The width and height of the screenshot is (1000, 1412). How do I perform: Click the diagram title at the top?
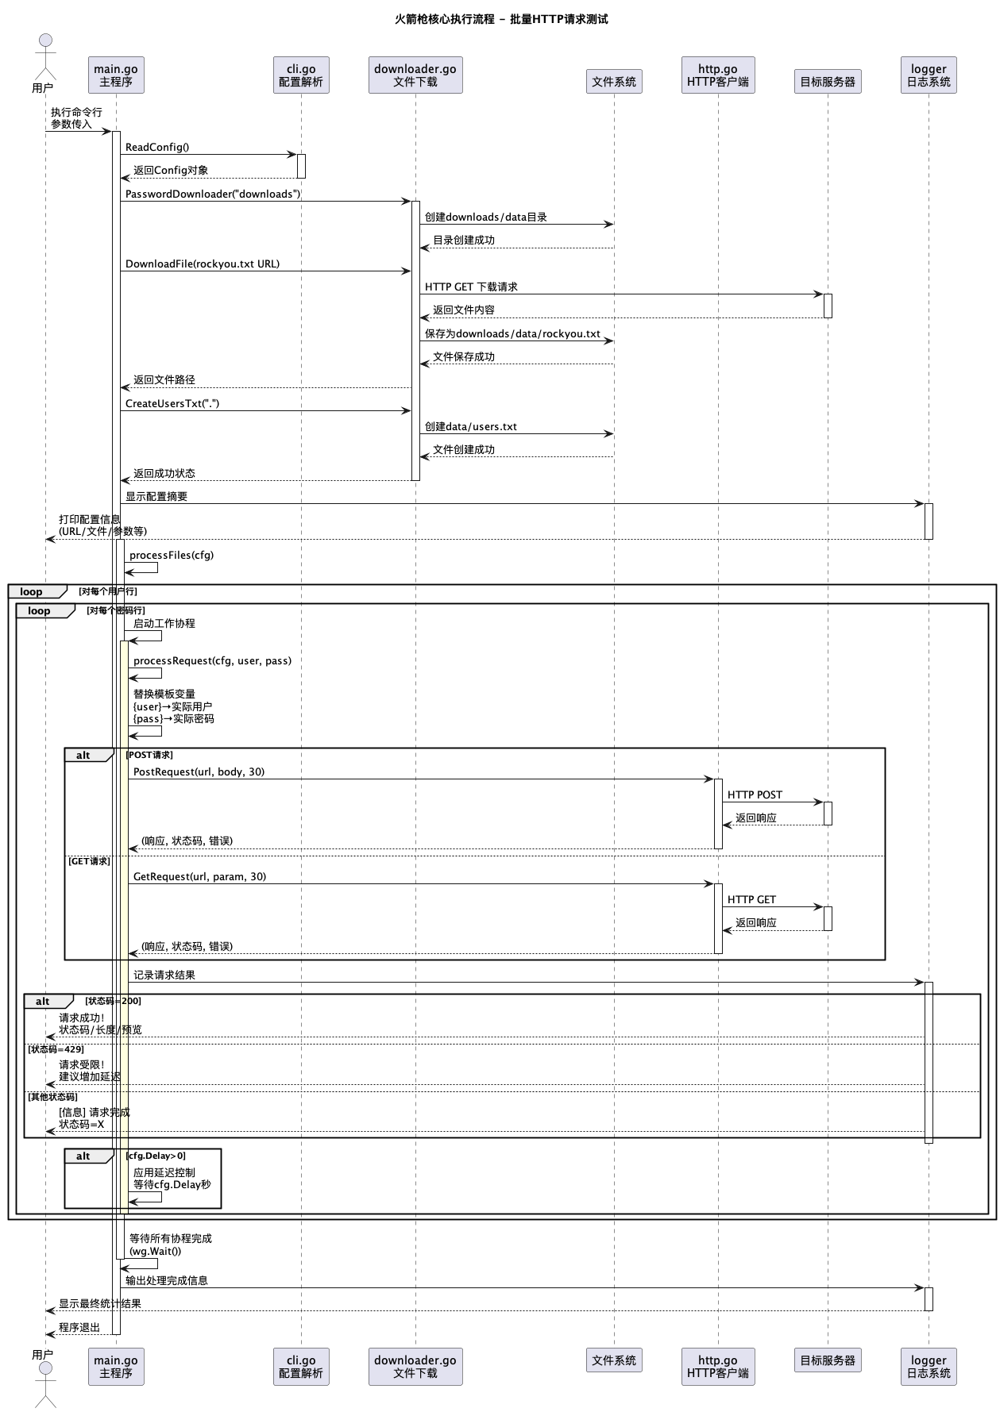click(x=501, y=19)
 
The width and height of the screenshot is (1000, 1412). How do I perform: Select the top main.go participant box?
click(x=116, y=75)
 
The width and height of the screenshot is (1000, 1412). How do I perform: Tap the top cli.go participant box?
click(x=301, y=75)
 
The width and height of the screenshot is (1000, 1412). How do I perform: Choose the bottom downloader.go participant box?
click(x=415, y=1366)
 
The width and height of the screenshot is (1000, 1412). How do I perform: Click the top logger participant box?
click(x=929, y=75)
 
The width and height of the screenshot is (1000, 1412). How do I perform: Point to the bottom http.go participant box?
click(x=718, y=1366)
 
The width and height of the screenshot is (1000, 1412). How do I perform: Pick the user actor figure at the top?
click(x=44, y=56)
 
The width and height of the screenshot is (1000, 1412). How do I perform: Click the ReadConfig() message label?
click(x=157, y=147)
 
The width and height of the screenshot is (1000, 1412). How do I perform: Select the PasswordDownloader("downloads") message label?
click(x=213, y=194)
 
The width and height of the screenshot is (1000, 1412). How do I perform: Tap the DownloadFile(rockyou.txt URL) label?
click(x=203, y=264)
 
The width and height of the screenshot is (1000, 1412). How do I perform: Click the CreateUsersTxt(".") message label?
click(x=172, y=403)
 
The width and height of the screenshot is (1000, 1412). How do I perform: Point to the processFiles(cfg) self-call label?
click(x=172, y=555)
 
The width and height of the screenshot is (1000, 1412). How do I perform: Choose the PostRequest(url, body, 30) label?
click(x=199, y=771)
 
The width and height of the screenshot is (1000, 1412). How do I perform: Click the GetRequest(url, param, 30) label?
click(x=199, y=876)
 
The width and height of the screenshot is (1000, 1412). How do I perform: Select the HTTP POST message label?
click(x=755, y=794)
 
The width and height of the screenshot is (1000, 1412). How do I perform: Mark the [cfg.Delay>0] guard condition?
click(x=156, y=1156)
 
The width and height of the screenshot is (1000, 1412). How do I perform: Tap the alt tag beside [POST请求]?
click(x=84, y=755)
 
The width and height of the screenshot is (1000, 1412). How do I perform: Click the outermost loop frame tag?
click(x=32, y=591)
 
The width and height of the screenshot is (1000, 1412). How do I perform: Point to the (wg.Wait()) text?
click(x=155, y=1252)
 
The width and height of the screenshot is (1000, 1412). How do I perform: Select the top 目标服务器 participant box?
click(x=828, y=81)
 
